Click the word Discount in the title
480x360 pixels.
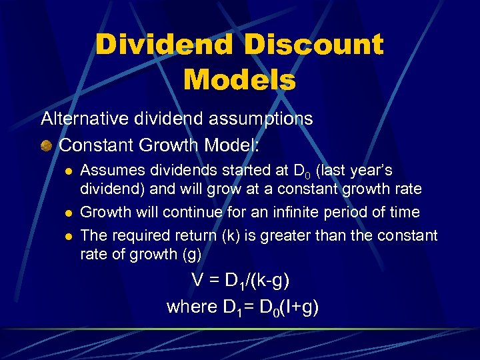313,45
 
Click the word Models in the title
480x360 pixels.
239,80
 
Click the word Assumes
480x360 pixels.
109,171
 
